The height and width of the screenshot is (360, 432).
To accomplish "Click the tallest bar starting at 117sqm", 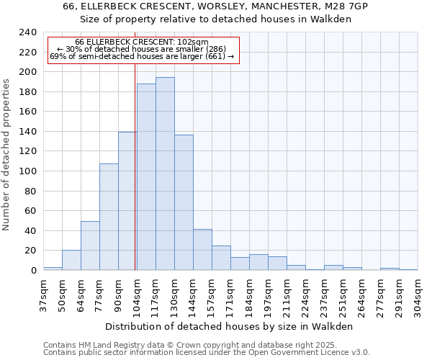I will pyautogui.click(x=165, y=174).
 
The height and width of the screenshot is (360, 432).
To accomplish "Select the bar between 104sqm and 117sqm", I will pyautogui.click(x=146, y=177).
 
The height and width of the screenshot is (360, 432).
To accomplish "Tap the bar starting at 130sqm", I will pyautogui.click(x=184, y=202).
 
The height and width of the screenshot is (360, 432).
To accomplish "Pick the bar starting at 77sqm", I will pyautogui.click(x=109, y=217).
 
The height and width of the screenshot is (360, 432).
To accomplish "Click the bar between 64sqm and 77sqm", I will pyautogui.click(x=90, y=246).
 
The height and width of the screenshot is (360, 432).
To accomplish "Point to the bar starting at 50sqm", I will pyautogui.click(x=71, y=260).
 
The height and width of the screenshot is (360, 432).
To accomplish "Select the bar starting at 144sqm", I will pyautogui.click(x=202, y=250).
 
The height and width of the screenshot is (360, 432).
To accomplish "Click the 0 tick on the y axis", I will pyautogui.click(x=33, y=271).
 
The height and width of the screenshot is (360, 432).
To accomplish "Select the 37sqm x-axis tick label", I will pyautogui.click(x=44, y=293).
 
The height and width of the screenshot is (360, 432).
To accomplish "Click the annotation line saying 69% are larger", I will pyautogui.click(x=142, y=57).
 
